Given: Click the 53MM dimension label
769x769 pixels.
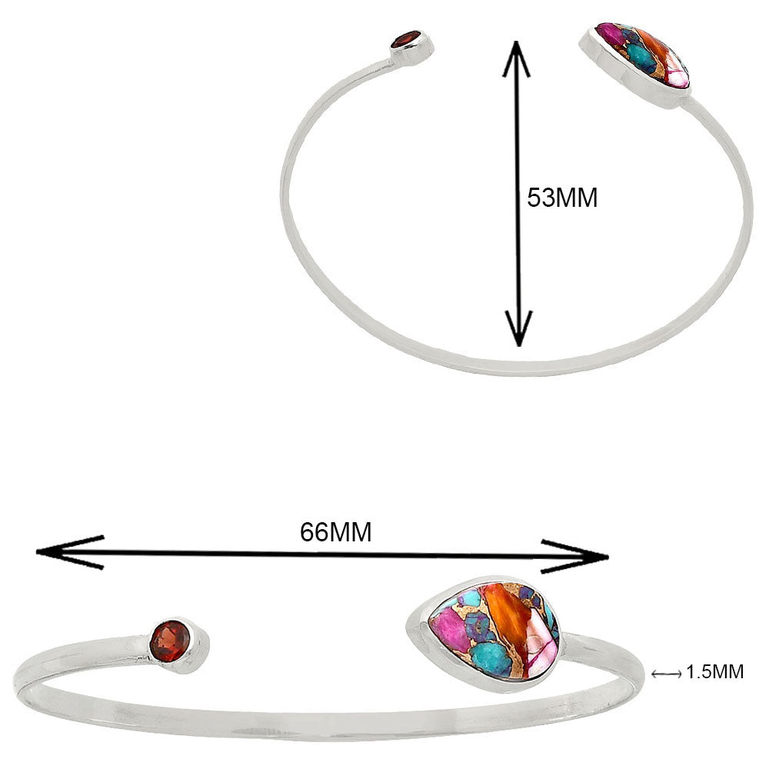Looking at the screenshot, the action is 562,198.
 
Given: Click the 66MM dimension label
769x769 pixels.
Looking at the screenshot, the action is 336,532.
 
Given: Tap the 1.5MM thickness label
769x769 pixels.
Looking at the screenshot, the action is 715,672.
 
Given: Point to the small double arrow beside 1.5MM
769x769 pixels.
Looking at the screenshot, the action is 667,674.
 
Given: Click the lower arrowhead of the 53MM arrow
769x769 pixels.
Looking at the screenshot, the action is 519,328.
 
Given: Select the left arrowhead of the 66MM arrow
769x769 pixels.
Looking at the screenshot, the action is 68,552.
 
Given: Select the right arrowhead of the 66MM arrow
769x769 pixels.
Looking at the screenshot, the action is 574,556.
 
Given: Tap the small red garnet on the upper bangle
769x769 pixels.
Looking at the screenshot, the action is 407,39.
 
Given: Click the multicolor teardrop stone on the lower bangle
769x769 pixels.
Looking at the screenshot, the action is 493,631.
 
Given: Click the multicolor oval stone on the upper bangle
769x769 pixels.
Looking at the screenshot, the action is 642,55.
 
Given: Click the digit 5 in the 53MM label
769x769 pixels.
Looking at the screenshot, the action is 534,198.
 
